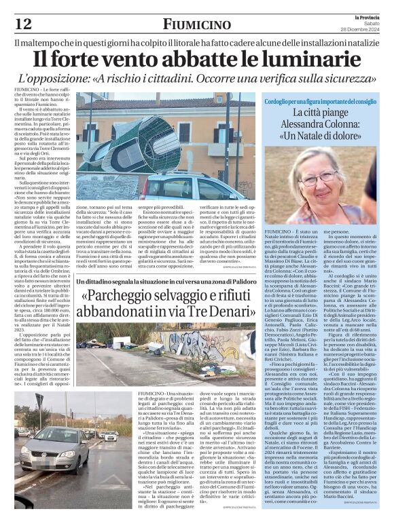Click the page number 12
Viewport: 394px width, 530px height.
pyautogui.click(x=22, y=24)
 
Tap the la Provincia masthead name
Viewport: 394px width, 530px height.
pyautogui.click(x=367, y=7)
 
